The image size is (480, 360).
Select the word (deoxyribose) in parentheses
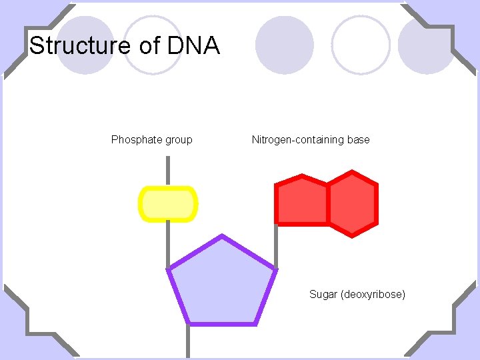click(x=373, y=294)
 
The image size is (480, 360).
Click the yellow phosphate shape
click(x=167, y=204)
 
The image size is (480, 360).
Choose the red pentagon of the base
click(x=302, y=201)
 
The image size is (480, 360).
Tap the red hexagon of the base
click(x=353, y=203)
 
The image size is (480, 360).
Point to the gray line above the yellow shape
click(x=167, y=171)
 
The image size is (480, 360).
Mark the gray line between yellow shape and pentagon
click(x=167, y=243)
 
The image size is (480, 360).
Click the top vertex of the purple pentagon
click(x=222, y=235)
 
